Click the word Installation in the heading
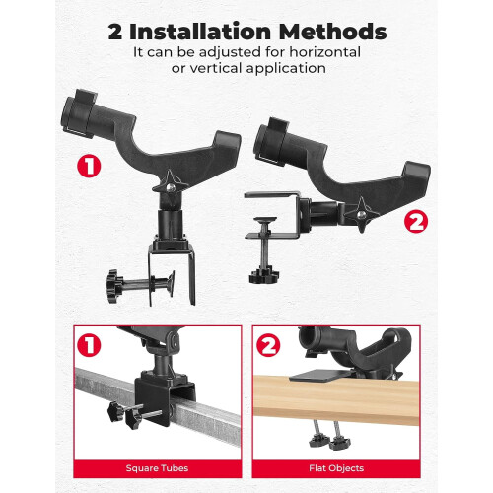point(200,32)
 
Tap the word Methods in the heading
point(332,32)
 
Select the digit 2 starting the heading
point(115,33)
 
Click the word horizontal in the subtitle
point(324,52)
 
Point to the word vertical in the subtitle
point(216,68)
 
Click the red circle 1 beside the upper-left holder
point(89,167)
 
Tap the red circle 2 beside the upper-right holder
point(416,221)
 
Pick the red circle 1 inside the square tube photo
point(89,345)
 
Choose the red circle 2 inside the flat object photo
point(268,345)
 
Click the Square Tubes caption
point(157,468)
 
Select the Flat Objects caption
point(336,468)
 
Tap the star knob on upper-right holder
point(362,215)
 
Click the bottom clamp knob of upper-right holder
point(264,276)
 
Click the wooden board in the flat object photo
point(336,399)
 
